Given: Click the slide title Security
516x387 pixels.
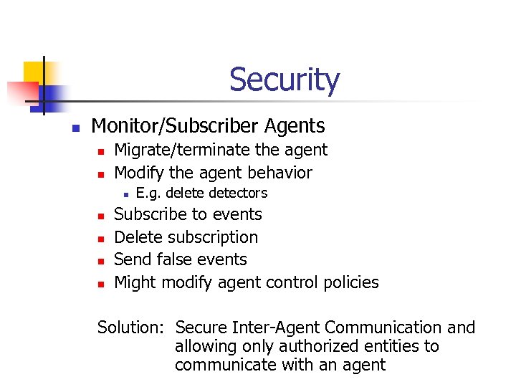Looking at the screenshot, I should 285,80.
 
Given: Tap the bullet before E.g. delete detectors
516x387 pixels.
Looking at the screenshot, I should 125,194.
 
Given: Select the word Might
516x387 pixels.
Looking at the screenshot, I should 135,282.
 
